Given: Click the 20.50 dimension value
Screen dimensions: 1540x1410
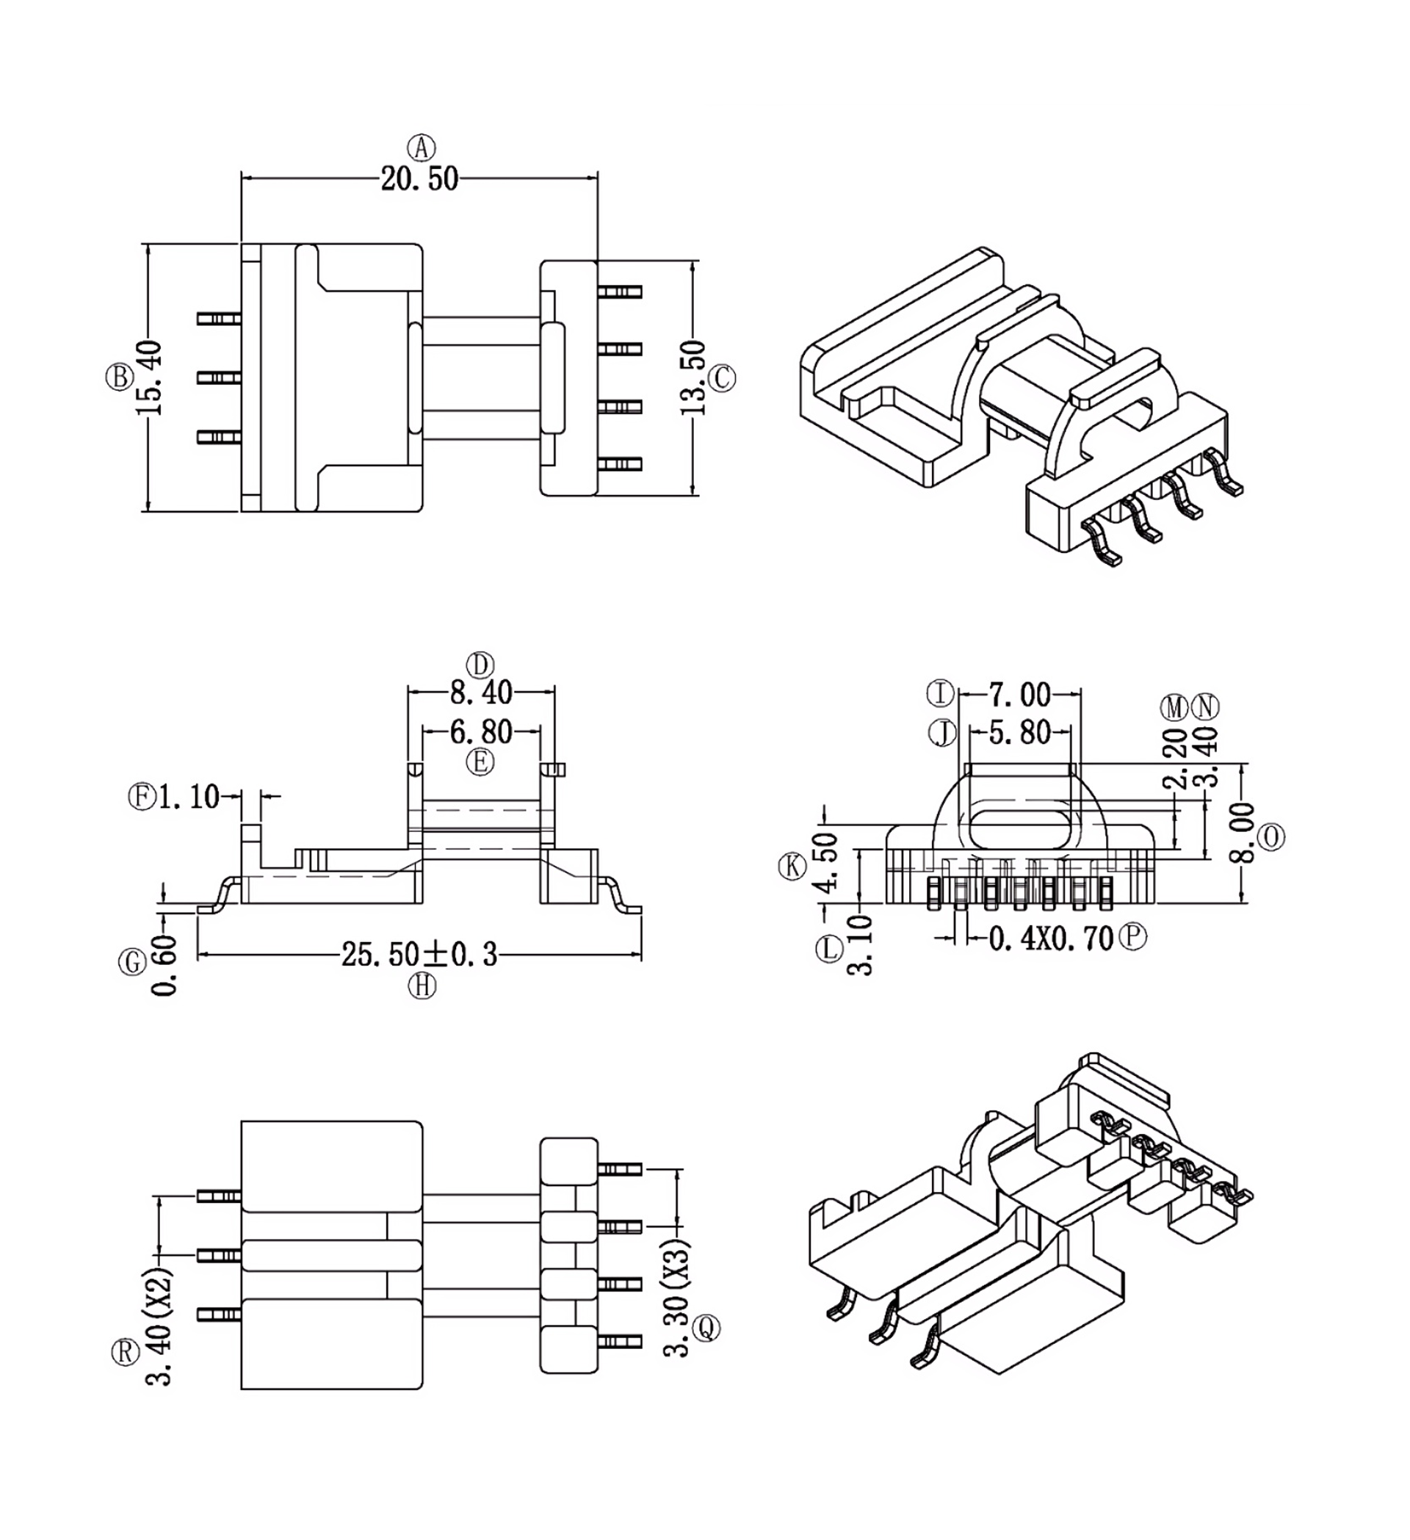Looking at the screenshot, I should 419,178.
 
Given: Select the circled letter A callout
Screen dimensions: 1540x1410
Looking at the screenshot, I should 421,147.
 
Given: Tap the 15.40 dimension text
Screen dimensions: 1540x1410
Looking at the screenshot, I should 150,378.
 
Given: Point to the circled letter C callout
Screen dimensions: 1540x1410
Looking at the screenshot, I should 722,378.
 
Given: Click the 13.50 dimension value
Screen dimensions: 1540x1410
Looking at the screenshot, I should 693,378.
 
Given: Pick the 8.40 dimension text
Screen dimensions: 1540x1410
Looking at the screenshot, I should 480,693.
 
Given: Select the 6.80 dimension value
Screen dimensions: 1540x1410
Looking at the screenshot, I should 480,731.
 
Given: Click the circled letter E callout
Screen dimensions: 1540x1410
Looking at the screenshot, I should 480,762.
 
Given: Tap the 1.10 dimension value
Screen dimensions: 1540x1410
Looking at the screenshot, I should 189,797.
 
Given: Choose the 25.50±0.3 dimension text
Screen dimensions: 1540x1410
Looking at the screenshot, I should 419,955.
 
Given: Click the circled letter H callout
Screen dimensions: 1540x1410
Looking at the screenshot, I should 422,986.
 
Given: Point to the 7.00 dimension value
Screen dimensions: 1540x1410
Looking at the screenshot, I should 1020,695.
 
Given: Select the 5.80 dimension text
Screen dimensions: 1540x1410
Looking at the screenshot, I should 1020,733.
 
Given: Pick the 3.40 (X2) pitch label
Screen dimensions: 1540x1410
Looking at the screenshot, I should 159,1326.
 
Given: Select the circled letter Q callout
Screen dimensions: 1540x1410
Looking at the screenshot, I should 706,1328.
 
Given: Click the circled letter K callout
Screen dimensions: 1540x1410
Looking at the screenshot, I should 792,867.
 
